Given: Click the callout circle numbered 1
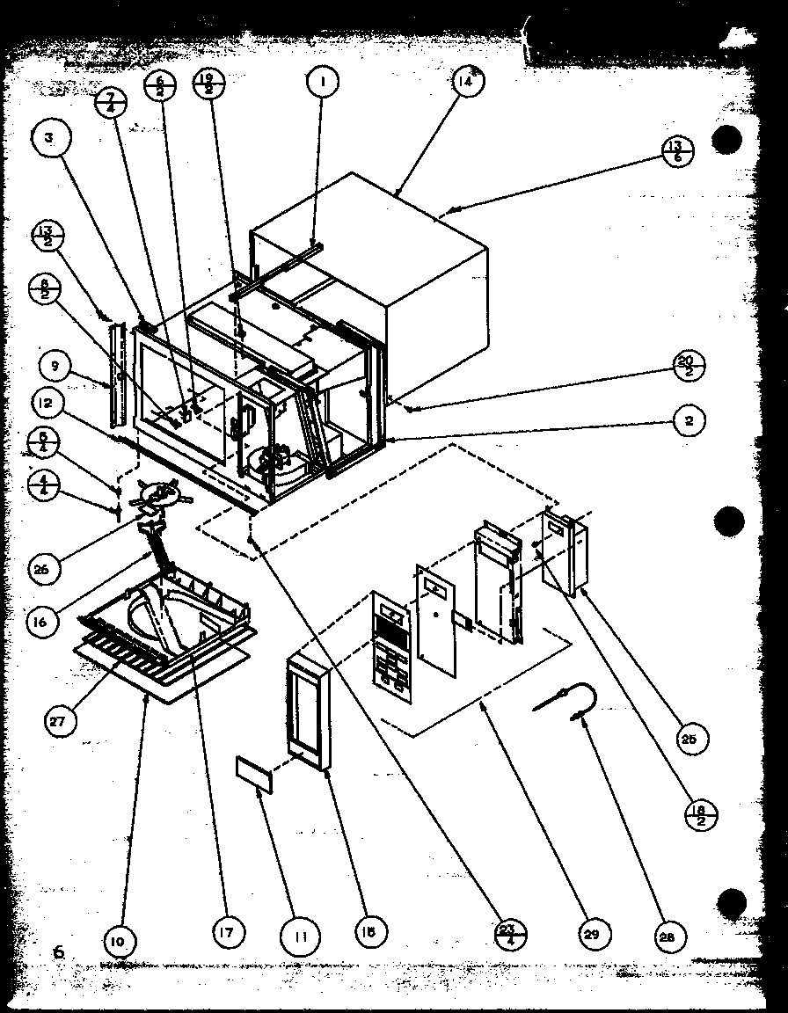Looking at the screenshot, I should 323,83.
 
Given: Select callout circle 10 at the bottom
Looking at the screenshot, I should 120,940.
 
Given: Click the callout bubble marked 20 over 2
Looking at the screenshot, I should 689,366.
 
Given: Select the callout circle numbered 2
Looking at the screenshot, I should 690,420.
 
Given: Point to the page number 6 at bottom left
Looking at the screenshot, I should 59,951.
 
